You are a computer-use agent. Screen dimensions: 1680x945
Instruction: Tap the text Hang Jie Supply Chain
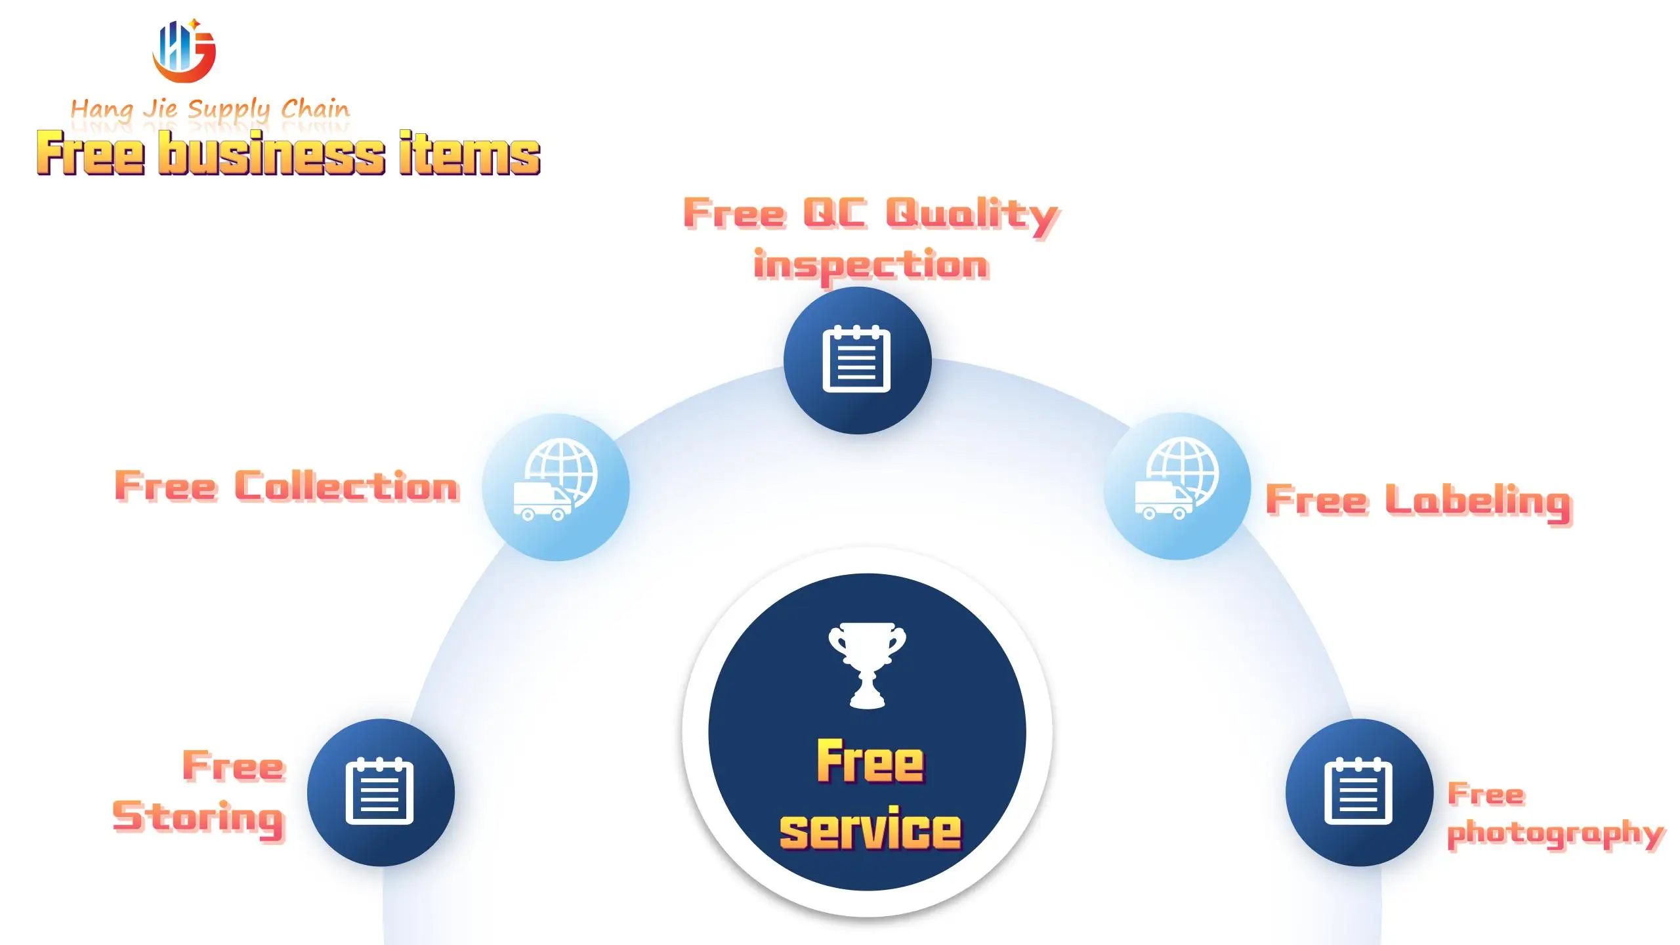click(210, 109)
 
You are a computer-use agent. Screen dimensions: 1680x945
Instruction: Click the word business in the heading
click(272, 154)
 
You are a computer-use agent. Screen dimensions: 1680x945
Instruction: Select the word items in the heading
click(469, 154)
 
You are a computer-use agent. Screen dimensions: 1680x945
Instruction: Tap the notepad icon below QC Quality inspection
click(856, 360)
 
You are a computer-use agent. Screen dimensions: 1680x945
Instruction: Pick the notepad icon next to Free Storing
click(380, 791)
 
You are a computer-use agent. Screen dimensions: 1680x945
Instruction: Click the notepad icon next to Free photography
click(1358, 791)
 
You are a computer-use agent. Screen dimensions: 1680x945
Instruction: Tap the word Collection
click(346, 487)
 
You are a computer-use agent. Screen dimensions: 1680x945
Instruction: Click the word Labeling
click(1478, 501)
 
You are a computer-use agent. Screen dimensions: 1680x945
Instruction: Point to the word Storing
click(198, 818)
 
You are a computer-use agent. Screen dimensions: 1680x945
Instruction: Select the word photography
click(1555, 833)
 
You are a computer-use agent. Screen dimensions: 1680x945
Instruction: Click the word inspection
click(871, 266)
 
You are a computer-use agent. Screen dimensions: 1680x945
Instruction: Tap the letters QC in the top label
click(834, 213)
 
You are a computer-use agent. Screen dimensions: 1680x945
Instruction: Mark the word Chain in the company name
click(315, 108)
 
